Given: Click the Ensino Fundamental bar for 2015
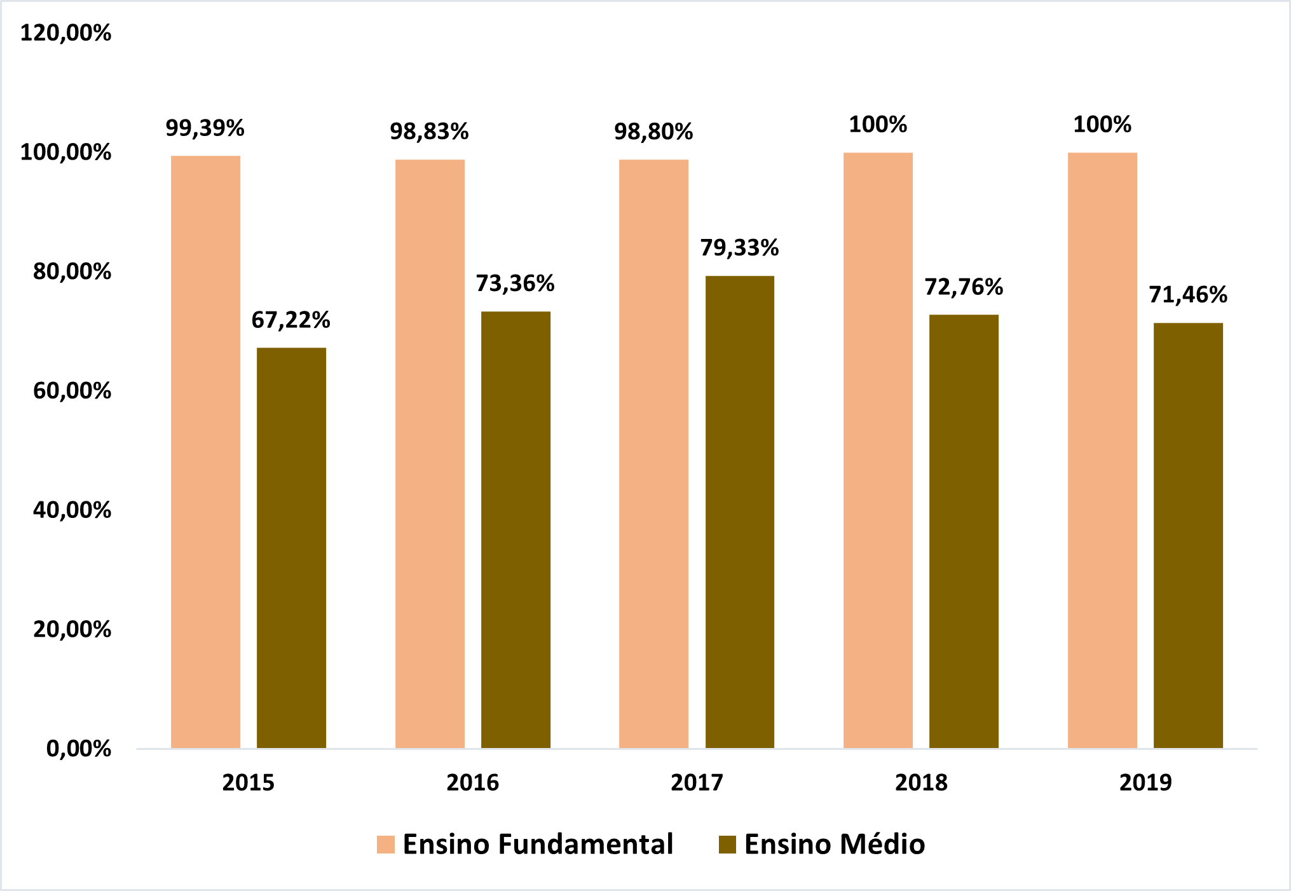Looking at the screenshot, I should pyautogui.click(x=205, y=452).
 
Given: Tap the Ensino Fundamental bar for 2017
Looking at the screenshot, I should pyautogui.click(x=653, y=454).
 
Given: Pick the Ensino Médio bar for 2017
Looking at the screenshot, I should pyautogui.click(x=740, y=512).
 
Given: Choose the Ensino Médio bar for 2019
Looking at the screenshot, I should pyautogui.click(x=1188, y=535).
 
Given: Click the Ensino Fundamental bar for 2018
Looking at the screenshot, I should pyautogui.click(x=878, y=450).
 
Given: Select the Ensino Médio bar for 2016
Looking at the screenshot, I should pyautogui.click(x=516, y=529).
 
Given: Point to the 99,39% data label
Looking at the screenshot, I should pyautogui.click(x=205, y=128).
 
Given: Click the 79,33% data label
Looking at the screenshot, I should pyautogui.click(x=739, y=248).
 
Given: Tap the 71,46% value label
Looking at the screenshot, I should pyautogui.click(x=1188, y=295).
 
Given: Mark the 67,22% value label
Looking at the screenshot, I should pyautogui.click(x=290, y=320).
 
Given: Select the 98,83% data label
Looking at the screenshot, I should pyautogui.click(x=429, y=132).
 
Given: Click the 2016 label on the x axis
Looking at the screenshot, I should pyautogui.click(x=472, y=782).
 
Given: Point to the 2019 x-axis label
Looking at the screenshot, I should pyautogui.click(x=1145, y=782).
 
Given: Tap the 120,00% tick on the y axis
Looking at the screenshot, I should pyautogui.click(x=65, y=33).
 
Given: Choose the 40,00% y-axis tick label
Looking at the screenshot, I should pyautogui.click(x=72, y=510).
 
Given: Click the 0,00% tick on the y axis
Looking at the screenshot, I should pyautogui.click(x=78, y=749).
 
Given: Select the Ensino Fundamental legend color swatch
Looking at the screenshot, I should pyautogui.click(x=386, y=845).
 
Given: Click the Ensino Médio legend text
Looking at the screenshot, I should pyautogui.click(x=834, y=845).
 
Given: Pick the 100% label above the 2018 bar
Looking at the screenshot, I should pyautogui.click(x=878, y=125).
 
